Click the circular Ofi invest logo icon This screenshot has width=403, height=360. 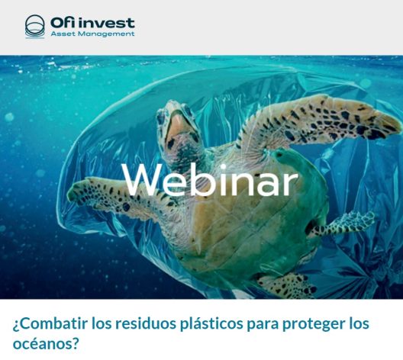tap(34, 27)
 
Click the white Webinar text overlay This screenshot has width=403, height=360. tap(210, 180)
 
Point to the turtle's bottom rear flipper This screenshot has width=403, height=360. tap(286, 285)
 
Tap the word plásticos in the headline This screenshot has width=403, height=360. tap(211, 325)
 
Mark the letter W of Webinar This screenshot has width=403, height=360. tap(139, 180)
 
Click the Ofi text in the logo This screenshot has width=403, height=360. tap(63, 23)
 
